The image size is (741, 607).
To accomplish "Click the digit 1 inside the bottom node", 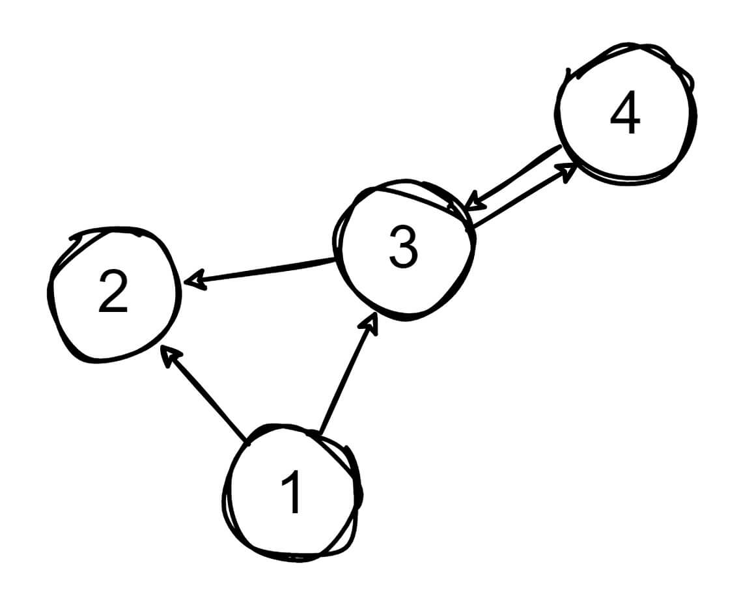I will click(292, 493).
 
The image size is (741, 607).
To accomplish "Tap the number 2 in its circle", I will click(113, 292).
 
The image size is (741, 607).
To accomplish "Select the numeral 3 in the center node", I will click(403, 248).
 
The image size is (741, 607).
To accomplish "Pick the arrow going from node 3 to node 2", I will click(260, 272).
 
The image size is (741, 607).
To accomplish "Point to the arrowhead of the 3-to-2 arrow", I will click(192, 281).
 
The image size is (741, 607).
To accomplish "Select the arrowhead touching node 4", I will click(568, 170).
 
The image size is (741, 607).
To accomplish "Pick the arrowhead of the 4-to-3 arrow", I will click(475, 201).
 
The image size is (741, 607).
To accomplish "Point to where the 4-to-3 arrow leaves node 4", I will click(561, 148).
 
